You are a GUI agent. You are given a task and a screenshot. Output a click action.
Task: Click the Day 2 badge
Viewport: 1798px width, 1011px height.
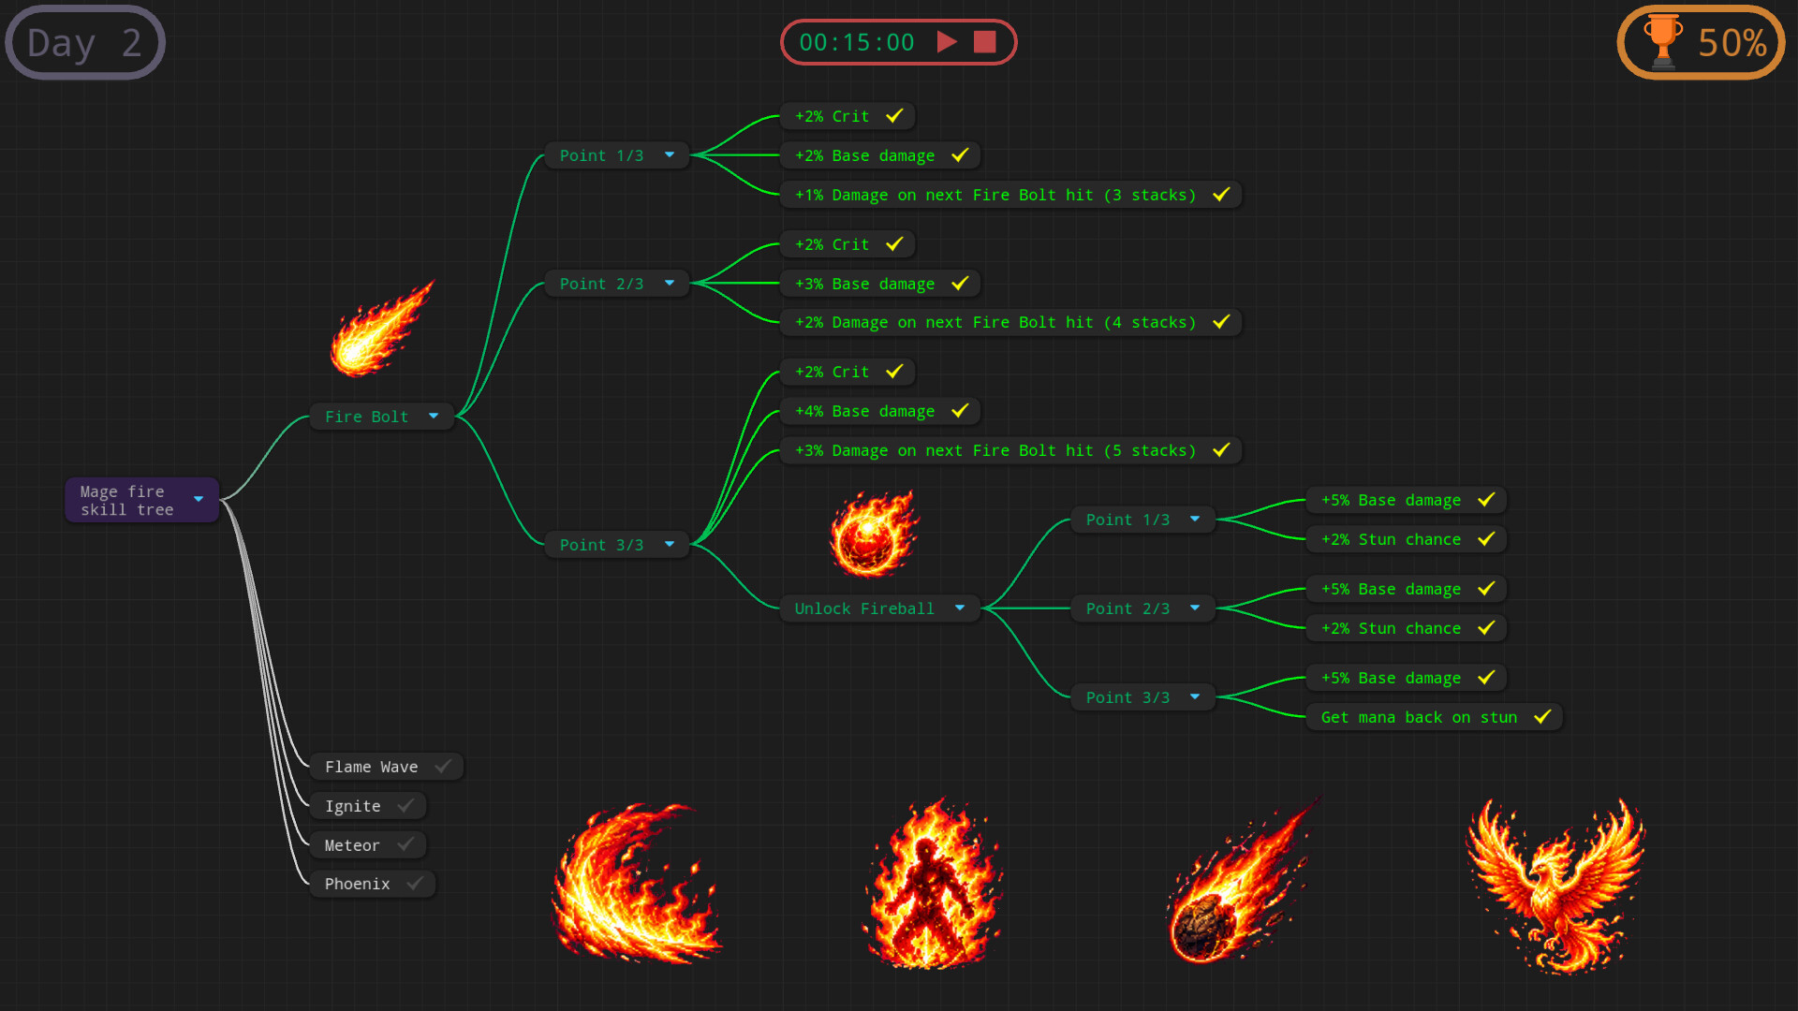[x=85, y=42]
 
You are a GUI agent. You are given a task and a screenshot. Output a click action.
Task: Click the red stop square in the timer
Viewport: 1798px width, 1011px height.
[x=984, y=42]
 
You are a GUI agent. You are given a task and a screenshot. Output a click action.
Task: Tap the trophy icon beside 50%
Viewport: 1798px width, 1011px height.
[x=1663, y=42]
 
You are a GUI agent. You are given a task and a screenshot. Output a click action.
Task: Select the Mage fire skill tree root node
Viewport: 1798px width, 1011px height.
[x=141, y=500]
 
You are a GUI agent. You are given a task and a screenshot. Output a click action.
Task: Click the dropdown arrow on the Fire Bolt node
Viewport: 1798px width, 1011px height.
[x=434, y=416]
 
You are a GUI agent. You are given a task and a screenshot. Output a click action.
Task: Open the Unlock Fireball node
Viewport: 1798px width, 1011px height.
[x=880, y=608]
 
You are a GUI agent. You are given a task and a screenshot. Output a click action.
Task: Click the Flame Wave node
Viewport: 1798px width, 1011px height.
[x=387, y=767]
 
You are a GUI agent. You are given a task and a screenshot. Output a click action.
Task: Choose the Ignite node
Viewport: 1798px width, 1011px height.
[x=368, y=806]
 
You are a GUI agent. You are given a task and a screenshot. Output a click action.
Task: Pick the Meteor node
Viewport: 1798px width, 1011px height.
[x=368, y=845]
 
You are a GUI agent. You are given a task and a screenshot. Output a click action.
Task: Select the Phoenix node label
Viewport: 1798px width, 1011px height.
[x=357, y=884]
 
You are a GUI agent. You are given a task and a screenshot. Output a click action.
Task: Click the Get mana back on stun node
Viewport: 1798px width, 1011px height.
[x=1434, y=717]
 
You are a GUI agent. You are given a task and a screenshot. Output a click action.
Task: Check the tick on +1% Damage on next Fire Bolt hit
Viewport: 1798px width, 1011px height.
[x=1221, y=194]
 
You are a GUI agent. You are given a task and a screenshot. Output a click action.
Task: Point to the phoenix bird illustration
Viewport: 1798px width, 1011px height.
[x=1555, y=885]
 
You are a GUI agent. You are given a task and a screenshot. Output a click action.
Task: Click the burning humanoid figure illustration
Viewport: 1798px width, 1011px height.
[x=932, y=885]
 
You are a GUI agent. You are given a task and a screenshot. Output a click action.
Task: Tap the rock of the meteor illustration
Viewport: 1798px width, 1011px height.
[x=1203, y=927]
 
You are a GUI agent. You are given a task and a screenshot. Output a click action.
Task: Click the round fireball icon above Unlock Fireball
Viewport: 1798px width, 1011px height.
[x=875, y=535]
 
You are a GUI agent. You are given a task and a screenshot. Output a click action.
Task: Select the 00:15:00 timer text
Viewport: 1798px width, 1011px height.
[x=857, y=42]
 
